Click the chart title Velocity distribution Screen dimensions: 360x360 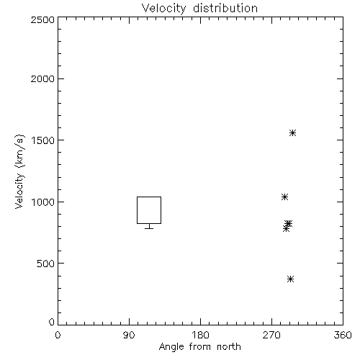pos(199,9)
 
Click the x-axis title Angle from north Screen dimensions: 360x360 pos(199,347)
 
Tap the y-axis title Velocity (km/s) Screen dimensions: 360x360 pos(19,171)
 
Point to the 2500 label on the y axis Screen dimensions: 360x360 pos(42,19)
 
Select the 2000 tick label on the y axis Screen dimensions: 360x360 pos(42,79)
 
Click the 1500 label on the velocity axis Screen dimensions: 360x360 pos(42,140)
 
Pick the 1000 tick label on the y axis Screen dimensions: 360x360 pos(42,202)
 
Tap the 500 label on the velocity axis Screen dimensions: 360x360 pos(45,264)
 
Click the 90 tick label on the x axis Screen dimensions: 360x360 pos(129,335)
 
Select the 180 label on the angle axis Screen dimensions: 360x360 pos(200,335)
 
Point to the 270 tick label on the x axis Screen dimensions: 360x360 pos(271,335)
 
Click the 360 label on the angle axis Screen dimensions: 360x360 pos(343,335)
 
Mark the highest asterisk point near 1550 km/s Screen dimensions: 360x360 pos(292,132)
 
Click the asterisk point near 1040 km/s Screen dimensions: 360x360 pos(284,197)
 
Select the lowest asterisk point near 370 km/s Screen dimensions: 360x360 pos(291,279)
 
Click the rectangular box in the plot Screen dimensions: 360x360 pos(137,210)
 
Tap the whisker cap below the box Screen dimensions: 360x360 pos(149,228)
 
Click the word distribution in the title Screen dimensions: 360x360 pos(225,8)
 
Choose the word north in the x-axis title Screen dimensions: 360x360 pos(229,346)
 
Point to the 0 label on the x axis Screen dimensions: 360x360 pos(58,335)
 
